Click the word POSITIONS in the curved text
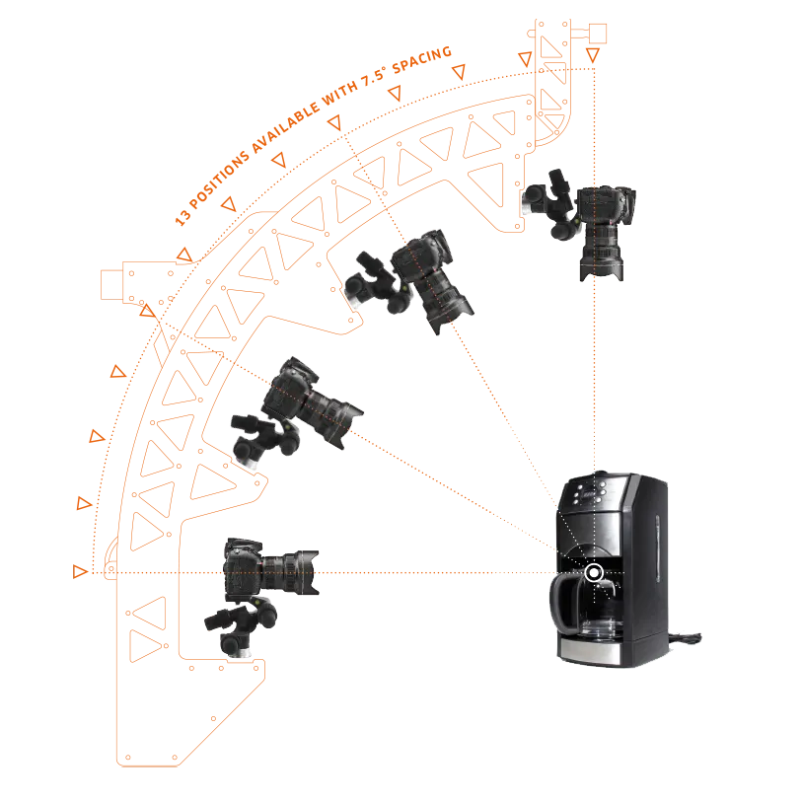pyautogui.click(x=220, y=179)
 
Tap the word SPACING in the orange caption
pyautogui.click(x=422, y=60)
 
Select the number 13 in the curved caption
pyautogui.click(x=182, y=217)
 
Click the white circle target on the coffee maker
pyautogui.click(x=594, y=573)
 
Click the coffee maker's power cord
pyautogui.click(x=685, y=638)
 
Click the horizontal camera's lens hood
pyautogui.click(x=308, y=572)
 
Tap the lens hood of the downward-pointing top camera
pyautogui.click(x=602, y=269)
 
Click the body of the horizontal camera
pyautogui.click(x=243, y=569)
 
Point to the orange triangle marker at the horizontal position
pyautogui.click(x=79, y=571)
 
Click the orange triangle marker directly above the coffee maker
pyautogui.click(x=593, y=54)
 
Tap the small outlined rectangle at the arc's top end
pyautogui.click(x=598, y=34)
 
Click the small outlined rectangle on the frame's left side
pyautogui.click(x=111, y=284)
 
